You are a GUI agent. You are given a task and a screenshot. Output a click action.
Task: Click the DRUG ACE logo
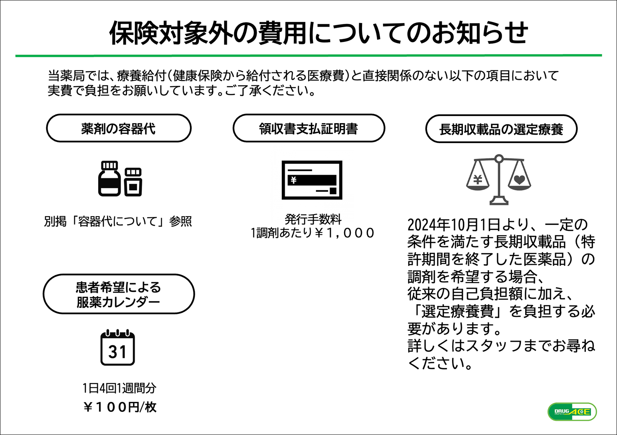click(572, 411)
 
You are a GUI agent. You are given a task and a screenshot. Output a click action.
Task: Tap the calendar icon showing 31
click(118, 347)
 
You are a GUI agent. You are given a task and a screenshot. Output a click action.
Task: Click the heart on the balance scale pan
click(520, 180)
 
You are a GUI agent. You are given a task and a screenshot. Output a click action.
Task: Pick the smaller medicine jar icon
click(133, 182)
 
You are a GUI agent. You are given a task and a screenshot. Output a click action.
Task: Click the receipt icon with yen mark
click(312, 180)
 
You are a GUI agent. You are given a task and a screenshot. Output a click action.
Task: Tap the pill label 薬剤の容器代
click(119, 128)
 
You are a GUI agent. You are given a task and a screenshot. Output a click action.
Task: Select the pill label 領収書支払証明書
click(309, 128)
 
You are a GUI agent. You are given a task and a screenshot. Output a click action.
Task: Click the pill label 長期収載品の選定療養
click(501, 129)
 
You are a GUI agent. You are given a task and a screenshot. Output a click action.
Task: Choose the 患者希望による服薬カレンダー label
click(119, 294)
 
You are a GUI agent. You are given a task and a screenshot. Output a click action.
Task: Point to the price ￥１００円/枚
click(120, 407)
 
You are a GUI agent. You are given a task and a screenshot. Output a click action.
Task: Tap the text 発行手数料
click(313, 219)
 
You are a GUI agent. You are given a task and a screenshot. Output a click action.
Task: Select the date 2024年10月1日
click(454, 225)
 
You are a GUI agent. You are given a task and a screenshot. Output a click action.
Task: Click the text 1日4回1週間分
click(120, 388)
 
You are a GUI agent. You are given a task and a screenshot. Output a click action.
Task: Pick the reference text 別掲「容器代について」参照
click(118, 221)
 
